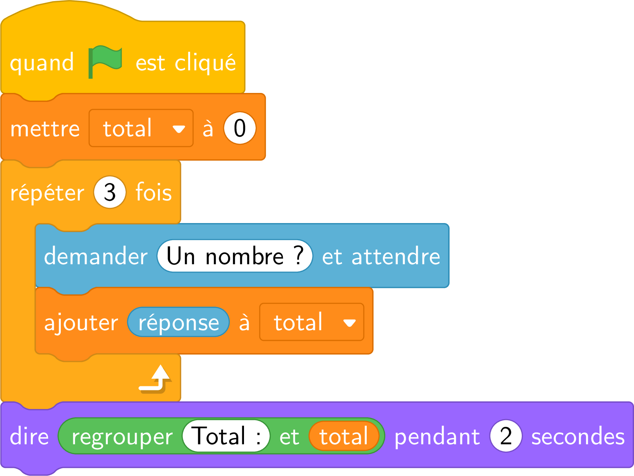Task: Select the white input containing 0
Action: (240, 128)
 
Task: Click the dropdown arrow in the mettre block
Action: (179, 129)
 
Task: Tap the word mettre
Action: (45, 129)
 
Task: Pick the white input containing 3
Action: (110, 192)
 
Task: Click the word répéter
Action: (47, 192)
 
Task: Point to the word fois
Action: (154, 192)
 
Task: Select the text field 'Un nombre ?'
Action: (235, 256)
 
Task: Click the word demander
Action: (96, 255)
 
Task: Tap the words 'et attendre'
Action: (381, 256)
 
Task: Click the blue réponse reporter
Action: (178, 322)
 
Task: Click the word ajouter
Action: (81, 323)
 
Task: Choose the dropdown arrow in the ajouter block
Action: (350, 323)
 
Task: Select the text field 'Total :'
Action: (226, 436)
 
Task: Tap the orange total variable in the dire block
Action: (344, 436)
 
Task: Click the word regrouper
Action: (122, 437)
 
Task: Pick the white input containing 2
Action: (506, 436)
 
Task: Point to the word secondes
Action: (578, 436)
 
